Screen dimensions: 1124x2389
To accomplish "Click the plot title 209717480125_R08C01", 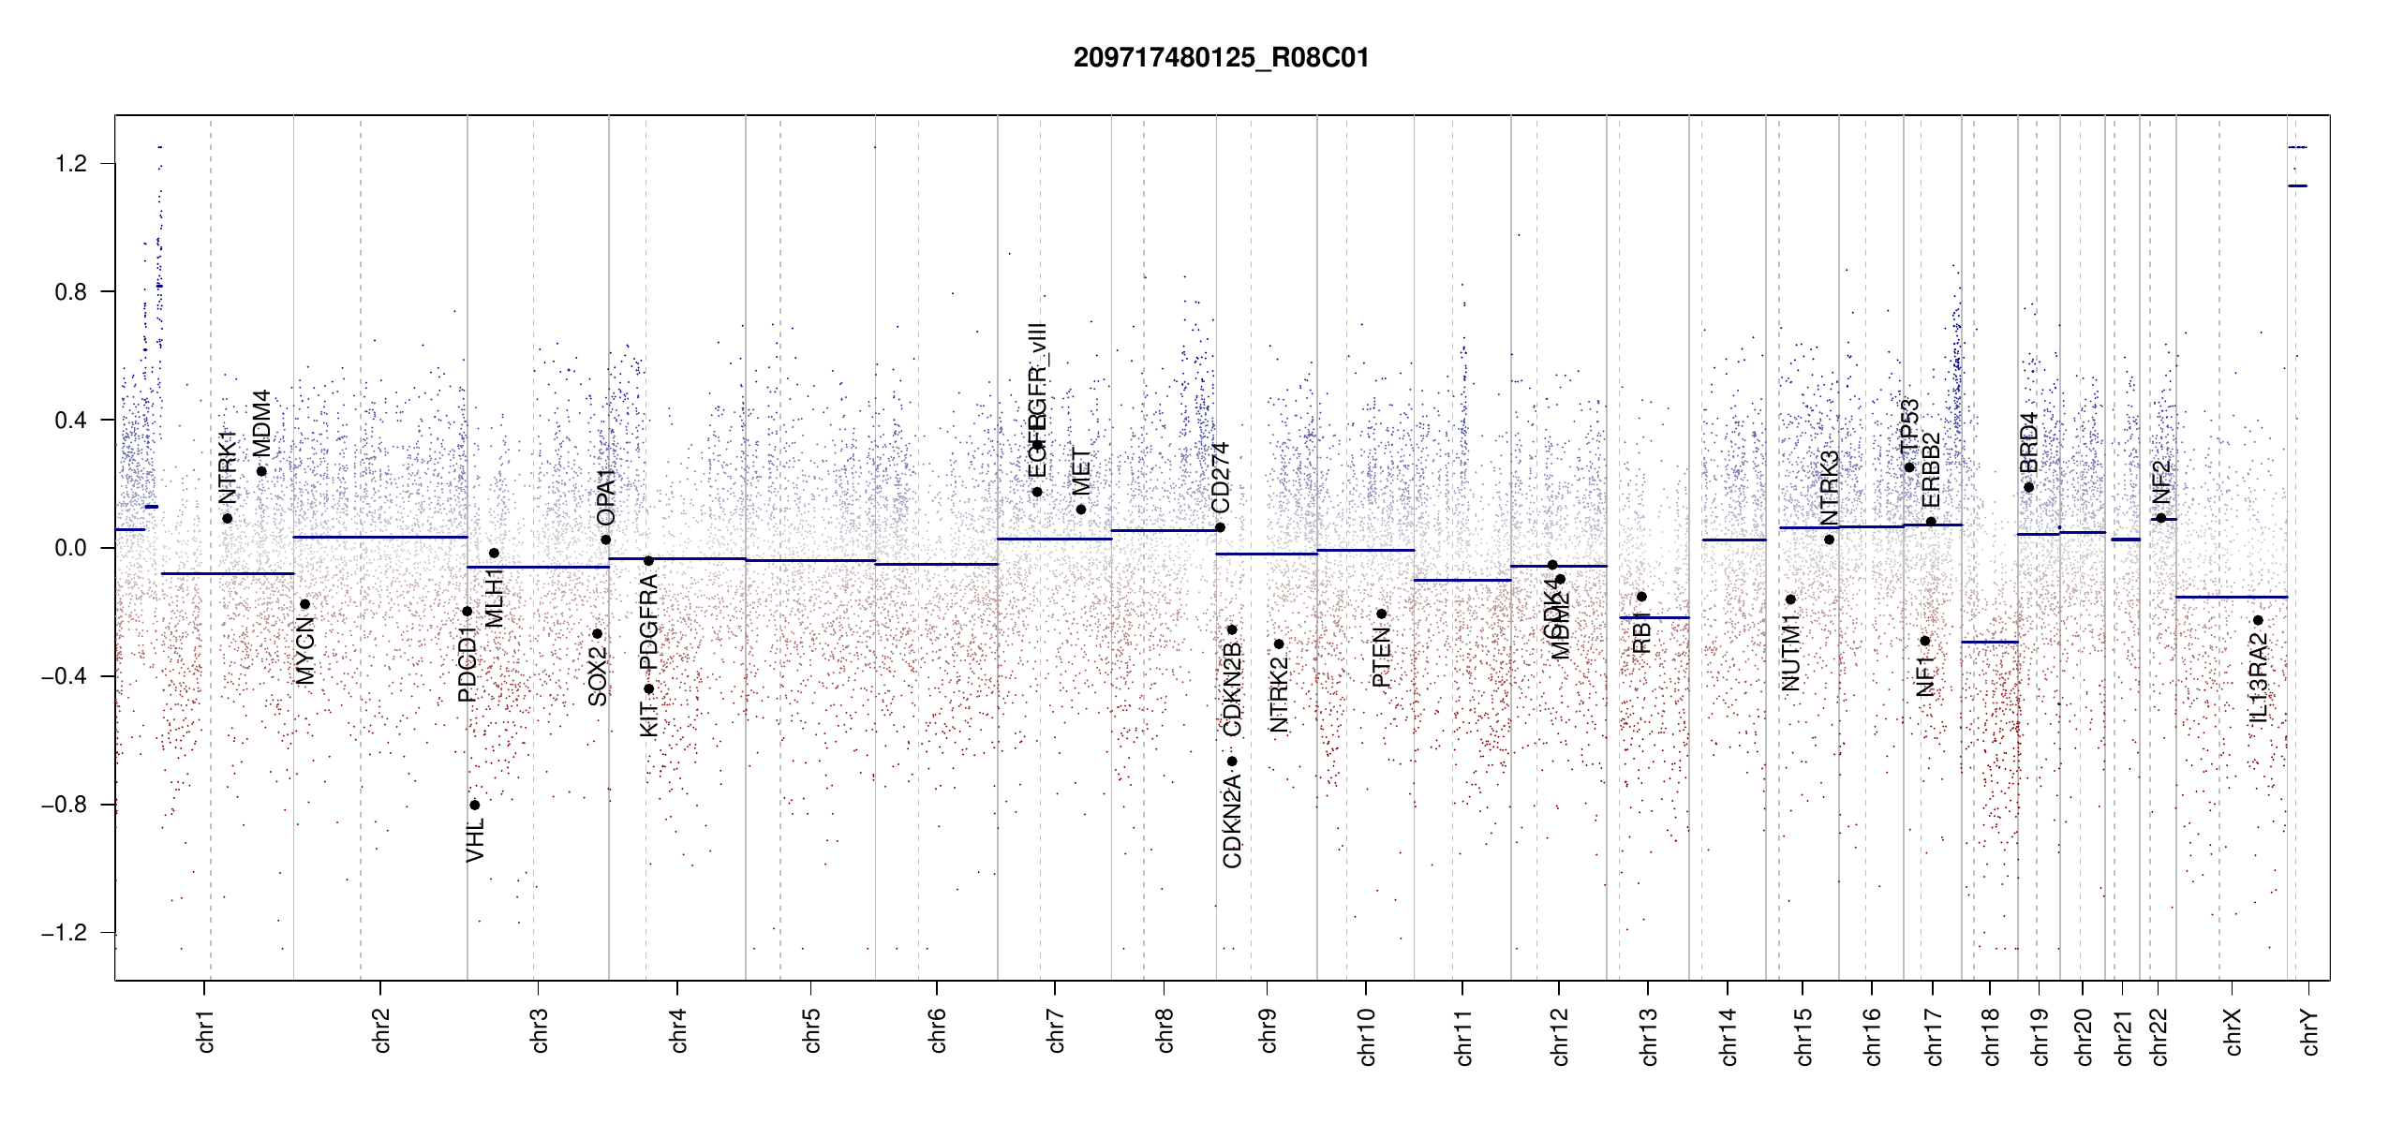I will pyautogui.click(x=1221, y=58).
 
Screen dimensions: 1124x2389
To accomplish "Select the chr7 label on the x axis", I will pyautogui.click(x=1056, y=1030).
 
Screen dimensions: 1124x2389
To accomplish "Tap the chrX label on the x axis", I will pyautogui.click(x=2233, y=1031).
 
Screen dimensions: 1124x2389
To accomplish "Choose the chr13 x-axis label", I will pyautogui.click(x=1648, y=1036).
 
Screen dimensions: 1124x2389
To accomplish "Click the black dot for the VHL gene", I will pyautogui.click(x=475, y=805).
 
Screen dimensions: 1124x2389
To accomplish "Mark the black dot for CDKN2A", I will pyautogui.click(x=1232, y=761).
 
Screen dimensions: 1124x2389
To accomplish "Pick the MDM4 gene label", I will pyautogui.click(x=261, y=423).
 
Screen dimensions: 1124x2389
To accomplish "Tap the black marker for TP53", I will pyautogui.click(x=1909, y=467).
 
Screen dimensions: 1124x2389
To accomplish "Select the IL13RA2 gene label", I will pyautogui.click(x=2258, y=678).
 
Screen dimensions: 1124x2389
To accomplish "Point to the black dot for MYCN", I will pyautogui.click(x=304, y=604).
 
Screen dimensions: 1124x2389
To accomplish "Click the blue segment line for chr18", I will pyautogui.click(x=1989, y=642).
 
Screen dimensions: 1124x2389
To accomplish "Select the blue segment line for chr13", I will pyautogui.click(x=1654, y=617).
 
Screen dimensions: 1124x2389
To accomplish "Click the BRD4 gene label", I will pyautogui.click(x=2028, y=443).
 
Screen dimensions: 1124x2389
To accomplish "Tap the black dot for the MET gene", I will pyautogui.click(x=1081, y=510).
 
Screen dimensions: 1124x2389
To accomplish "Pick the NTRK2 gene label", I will pyautogui.click(x=1279, y=694).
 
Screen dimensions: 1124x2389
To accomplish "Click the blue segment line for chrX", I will pyautogui.click(x=2231, y=597).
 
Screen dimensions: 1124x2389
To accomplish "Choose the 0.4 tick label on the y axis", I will pyautogui.click(x=71, y=420).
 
